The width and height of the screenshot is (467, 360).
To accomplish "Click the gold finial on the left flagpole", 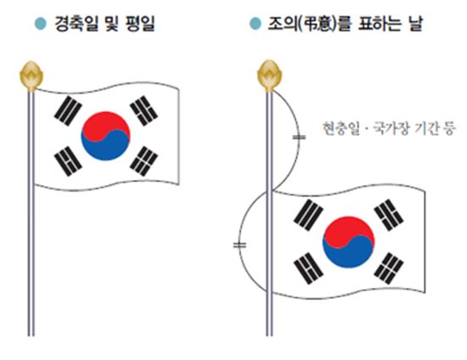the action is (x=31, y=76).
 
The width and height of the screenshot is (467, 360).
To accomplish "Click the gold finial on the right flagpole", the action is (x=269, y=76).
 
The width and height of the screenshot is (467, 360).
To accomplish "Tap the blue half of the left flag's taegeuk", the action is (x=108, y=147).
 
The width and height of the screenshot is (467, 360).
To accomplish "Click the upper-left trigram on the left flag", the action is (x=68, y=110).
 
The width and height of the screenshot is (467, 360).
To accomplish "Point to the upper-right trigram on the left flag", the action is (x=144, y=110).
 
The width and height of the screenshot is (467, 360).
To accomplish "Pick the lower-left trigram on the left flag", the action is (x=68, y=161).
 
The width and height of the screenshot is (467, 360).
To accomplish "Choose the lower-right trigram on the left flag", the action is (x=144, y=161).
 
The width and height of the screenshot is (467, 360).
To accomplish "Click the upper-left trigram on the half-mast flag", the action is (x=308, y=216).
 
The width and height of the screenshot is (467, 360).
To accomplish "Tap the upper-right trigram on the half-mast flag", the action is (x=389, y=215).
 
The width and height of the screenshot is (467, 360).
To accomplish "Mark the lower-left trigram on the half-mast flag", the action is (x=308, y=268).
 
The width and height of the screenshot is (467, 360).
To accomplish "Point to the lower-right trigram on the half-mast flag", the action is (x=389, y=268).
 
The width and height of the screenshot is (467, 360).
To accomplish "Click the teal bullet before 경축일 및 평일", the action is (x=41, y=24).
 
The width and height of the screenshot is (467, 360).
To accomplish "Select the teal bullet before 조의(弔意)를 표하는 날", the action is (x=256, y=24).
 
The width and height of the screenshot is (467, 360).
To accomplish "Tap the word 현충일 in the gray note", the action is (x=341, y=128).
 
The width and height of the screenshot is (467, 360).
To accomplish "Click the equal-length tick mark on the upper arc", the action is (x=299, y=138).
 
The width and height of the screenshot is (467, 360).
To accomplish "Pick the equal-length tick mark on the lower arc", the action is (x=239, y=245).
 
